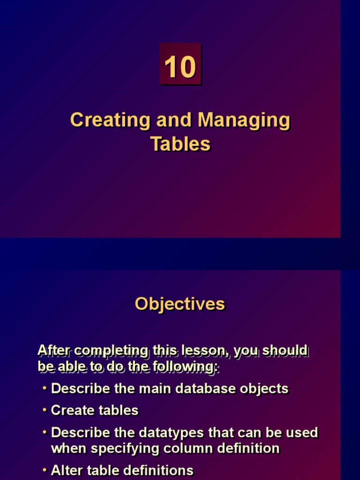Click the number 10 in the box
(x=180, y=67)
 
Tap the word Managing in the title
(x=243, y=120)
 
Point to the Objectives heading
(x=180, y=304)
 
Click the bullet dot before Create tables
(x=45, y=410)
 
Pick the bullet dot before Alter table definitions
(x=45, y=470)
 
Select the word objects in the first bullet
(x=264, y=388)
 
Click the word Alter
(x=65, y=470)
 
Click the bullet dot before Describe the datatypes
(x=45, y=432)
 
